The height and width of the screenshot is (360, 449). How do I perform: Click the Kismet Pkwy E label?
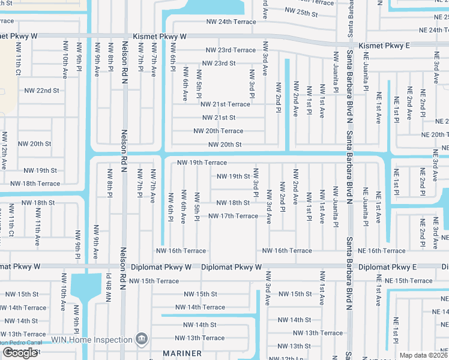tap(384, 46)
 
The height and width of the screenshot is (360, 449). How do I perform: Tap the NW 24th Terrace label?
tap(229, 22)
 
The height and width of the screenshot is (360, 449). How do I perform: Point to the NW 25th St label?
tap(301, 11)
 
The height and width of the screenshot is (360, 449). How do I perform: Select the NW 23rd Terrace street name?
tap(231, 50)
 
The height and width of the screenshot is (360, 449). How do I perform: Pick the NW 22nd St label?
tap(41, 91)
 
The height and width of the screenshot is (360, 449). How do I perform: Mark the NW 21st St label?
tap(218, 118)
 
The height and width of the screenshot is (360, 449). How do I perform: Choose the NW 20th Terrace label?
tap(218, 131)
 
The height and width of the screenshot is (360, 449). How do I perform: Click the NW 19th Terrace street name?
tap(202, 163)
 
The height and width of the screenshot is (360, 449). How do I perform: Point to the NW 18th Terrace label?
tap(35, 184)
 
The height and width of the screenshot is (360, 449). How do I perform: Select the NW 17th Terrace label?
tap(233, 216)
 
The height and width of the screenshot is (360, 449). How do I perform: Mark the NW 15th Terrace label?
tap(154, 281)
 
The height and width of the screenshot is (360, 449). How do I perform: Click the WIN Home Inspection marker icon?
tap(142, 340)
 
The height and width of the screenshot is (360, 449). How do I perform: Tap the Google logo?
tap(20, 353)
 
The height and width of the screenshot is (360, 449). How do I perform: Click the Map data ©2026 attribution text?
tap(423, 355)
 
